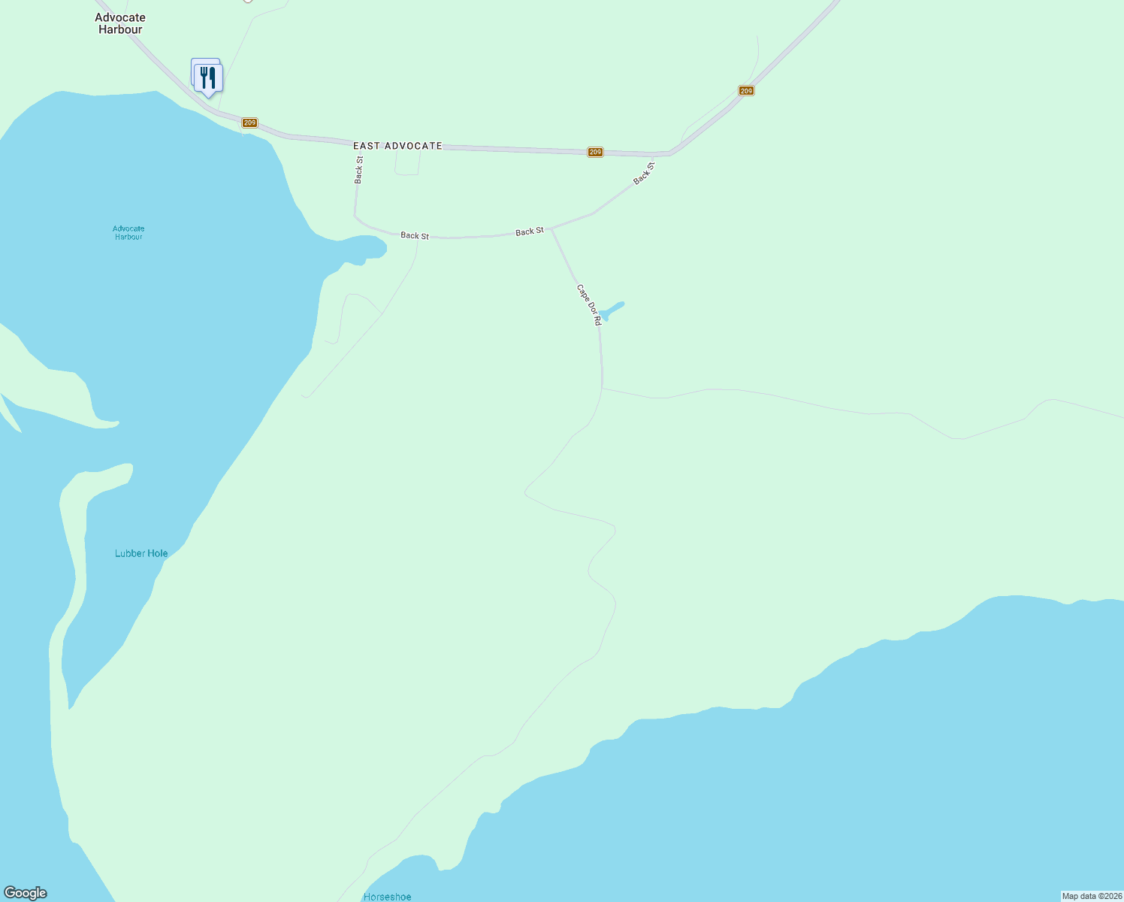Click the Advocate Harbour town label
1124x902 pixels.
120,23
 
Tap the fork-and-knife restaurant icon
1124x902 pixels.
208,77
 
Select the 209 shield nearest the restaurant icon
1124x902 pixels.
250,123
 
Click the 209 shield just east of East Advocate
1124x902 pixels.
595,152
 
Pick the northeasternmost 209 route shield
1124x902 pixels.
745,91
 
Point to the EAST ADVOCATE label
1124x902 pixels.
397,146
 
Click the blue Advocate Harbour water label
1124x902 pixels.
128,232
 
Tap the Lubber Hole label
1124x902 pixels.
141,553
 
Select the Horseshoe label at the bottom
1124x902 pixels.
387,897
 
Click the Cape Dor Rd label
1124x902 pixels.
589,304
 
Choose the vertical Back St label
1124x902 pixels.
359,169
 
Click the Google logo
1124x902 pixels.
26,893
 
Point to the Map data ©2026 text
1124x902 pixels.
1091,896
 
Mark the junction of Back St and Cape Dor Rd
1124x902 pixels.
552,229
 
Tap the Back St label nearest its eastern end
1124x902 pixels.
644,173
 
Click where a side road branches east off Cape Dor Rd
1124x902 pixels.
603,389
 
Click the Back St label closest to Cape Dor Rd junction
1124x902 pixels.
529,232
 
